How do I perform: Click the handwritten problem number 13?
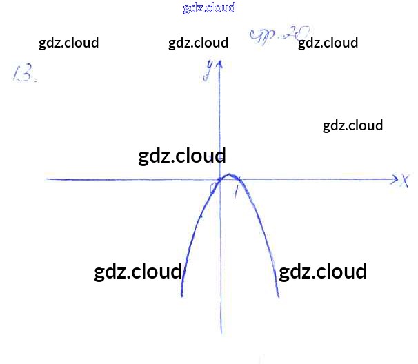(24, 74)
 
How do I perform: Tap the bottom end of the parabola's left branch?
(181, 295)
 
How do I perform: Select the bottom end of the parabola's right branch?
(278, 296)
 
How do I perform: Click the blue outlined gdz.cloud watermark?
(210, 8)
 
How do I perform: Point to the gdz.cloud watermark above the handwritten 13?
(68, 43)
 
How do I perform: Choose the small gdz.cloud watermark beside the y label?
(198, 43)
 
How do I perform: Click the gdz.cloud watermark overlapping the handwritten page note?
(328, 43)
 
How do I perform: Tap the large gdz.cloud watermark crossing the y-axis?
(182, 156)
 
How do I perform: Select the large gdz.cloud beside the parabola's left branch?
(137, 270)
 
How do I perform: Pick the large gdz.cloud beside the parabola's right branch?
(322, 270)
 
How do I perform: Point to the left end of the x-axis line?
(47, 179)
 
